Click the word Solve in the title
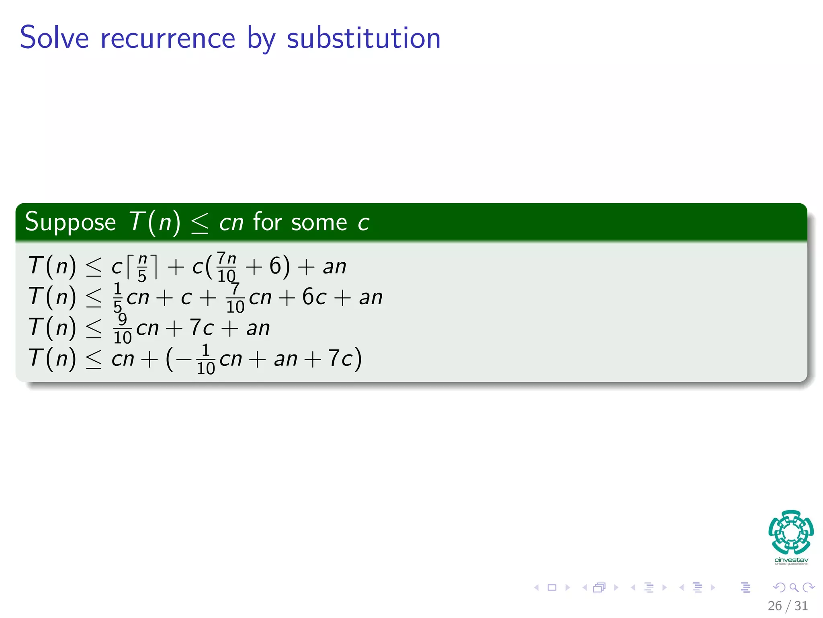click(54, 38)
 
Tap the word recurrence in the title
click(168, 39)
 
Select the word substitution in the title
click(363, 38)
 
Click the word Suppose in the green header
click(70, 222)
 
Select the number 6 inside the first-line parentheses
click(275, 266)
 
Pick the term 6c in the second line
click(314, 297)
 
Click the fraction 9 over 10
click(123, 328)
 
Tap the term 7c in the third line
click(201, 328)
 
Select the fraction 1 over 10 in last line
click(206, 359)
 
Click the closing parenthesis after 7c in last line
click(358, 359)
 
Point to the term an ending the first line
click(334, 267)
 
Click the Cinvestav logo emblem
click(791, 532)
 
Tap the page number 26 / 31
click(787, 606)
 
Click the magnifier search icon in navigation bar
click(794, 587)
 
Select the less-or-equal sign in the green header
click(200, 223)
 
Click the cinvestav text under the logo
click(791, 560)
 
